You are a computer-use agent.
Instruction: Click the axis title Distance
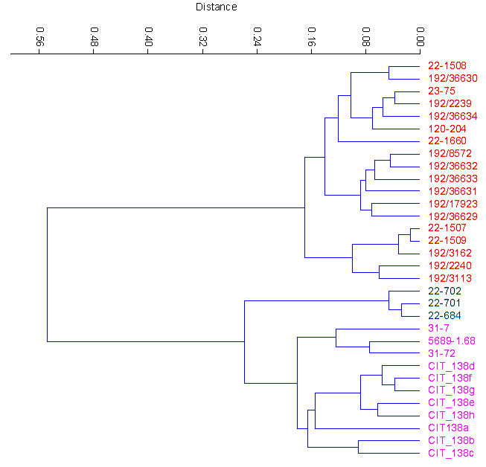pos(216,7)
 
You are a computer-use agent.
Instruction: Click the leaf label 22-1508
pos(447,65)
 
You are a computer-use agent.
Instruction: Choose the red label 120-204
pos(447,129)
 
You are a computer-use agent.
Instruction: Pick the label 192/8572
pos(450,153)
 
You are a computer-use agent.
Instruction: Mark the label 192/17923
pos(452,203)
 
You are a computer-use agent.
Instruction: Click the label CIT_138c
pos(450,453)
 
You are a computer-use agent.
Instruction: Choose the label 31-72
pos(442,353)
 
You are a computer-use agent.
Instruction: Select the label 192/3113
pos(450,278)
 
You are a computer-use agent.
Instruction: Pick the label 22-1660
pos(447,141)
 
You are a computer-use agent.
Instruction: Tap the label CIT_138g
pos(451,390)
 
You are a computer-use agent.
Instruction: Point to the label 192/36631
pos(452,191)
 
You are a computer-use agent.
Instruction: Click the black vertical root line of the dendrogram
pos(48,275)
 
